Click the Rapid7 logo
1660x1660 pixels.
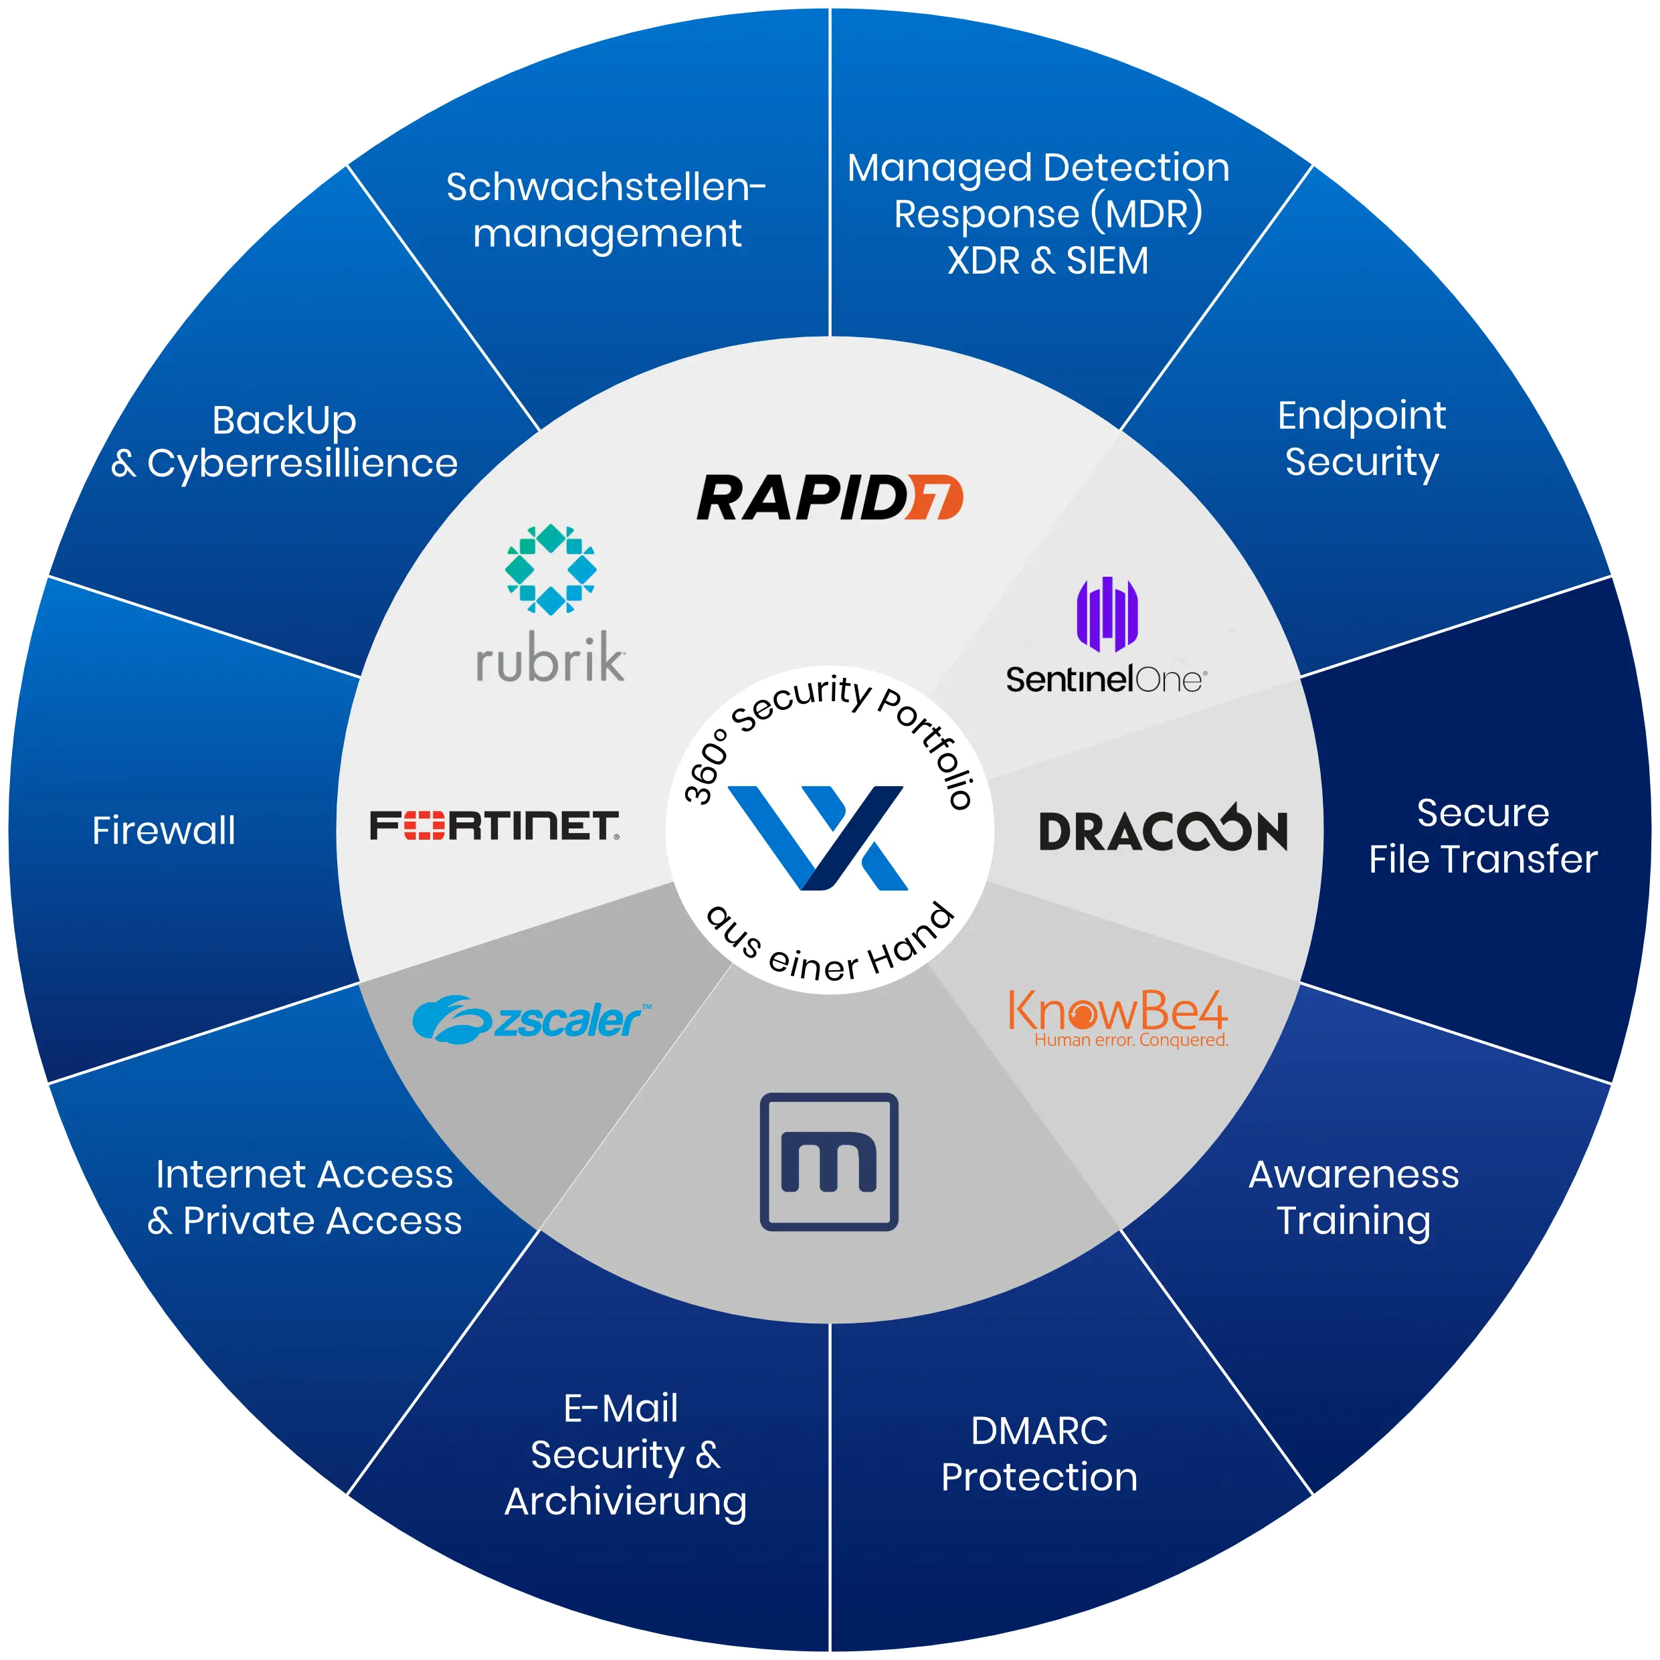829,498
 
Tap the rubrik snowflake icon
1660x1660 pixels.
551,569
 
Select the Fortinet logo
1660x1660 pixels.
494,825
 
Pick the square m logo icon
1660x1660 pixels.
829,1162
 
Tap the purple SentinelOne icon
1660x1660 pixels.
1107,614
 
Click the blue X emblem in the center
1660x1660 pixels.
817,837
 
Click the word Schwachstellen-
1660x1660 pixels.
606,187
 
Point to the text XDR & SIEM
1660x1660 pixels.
1047,260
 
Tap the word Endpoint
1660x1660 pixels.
1362,416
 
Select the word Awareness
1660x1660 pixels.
1354,1174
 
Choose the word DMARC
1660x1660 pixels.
1039,1431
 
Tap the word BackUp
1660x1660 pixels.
284,420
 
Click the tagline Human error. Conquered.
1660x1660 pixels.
1131,1040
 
